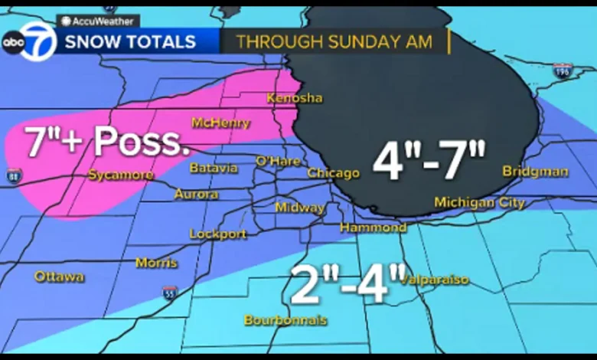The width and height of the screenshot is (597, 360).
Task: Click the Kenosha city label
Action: coord(295,98)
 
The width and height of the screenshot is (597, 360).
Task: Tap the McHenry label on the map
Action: coord(221,123)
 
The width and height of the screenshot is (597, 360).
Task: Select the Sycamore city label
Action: coord(120,175)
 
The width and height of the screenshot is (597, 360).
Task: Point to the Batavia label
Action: coord(214,168)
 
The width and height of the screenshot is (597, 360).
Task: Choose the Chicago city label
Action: coord(333,173)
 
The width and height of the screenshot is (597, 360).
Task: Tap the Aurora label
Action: coord(196,195)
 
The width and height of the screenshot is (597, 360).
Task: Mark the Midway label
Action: coord(299,208)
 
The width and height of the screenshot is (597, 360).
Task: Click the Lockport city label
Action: coord(218,234)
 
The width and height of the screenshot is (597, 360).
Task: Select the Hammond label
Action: coord(373,227)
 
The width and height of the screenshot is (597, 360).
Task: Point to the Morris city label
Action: coord(156,263)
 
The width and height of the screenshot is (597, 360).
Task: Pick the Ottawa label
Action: coord(59,276)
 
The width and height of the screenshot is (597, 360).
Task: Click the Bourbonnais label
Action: coord(285,319)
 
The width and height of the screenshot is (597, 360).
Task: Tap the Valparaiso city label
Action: coord(435,280)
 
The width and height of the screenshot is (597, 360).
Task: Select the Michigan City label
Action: coord(479,202)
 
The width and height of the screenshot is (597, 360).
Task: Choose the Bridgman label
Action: coord(535,172)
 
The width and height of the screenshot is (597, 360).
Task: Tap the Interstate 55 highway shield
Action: coord(170,292)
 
